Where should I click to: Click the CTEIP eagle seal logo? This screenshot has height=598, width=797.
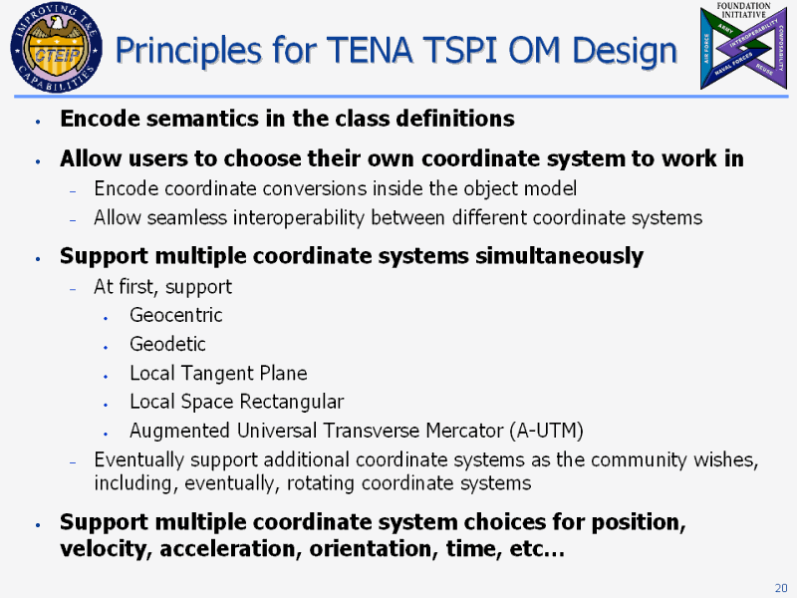coord(56,47)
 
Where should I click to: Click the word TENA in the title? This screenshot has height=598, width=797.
coord(370,51)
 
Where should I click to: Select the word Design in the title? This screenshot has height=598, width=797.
coord(625,52)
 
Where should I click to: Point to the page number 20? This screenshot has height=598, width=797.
coord(781,588)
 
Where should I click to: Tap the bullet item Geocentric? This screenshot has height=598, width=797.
coord(176,315)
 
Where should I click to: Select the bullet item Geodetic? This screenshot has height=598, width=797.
coord(167,344)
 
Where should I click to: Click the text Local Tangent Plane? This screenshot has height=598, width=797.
coord(218,373)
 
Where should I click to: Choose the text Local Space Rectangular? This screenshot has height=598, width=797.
coord(237,402)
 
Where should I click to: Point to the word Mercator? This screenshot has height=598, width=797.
coord(464,431)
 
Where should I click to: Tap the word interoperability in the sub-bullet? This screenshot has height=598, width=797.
coord(299,218)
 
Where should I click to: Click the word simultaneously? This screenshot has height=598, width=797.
coord(559,256)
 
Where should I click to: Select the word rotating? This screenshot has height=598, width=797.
coord(321,483)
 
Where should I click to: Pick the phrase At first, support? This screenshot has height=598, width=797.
coord(162,287)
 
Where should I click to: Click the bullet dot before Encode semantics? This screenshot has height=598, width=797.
coord(38,121)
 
